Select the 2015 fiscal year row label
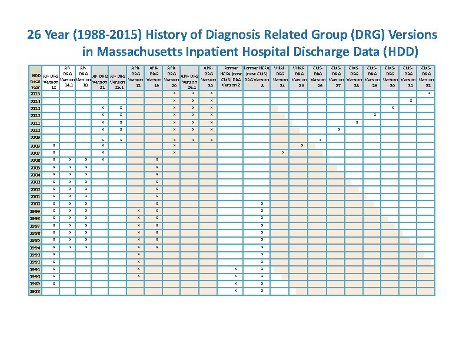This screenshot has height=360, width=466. pyautogui.click(x=36, y=94)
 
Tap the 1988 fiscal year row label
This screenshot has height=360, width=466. pyautogui.click(x=36, y=291)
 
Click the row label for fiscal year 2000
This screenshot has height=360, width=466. pyautogui.click(x=36, y=204)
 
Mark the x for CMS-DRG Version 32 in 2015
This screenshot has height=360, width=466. pyautogui.click(x=428, y=93)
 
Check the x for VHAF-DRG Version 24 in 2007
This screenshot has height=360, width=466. pyautogui.click(x=283, y=152)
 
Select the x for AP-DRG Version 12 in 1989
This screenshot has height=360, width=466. pyautogui.click(x=54, y=284)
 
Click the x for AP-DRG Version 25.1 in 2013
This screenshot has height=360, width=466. pyautogui.click(x=121, y=108)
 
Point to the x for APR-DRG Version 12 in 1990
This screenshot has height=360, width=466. pyautogui.click(x=138, y=276)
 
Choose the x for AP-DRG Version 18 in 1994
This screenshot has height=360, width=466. pyautogui.click(x=86, y=247)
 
